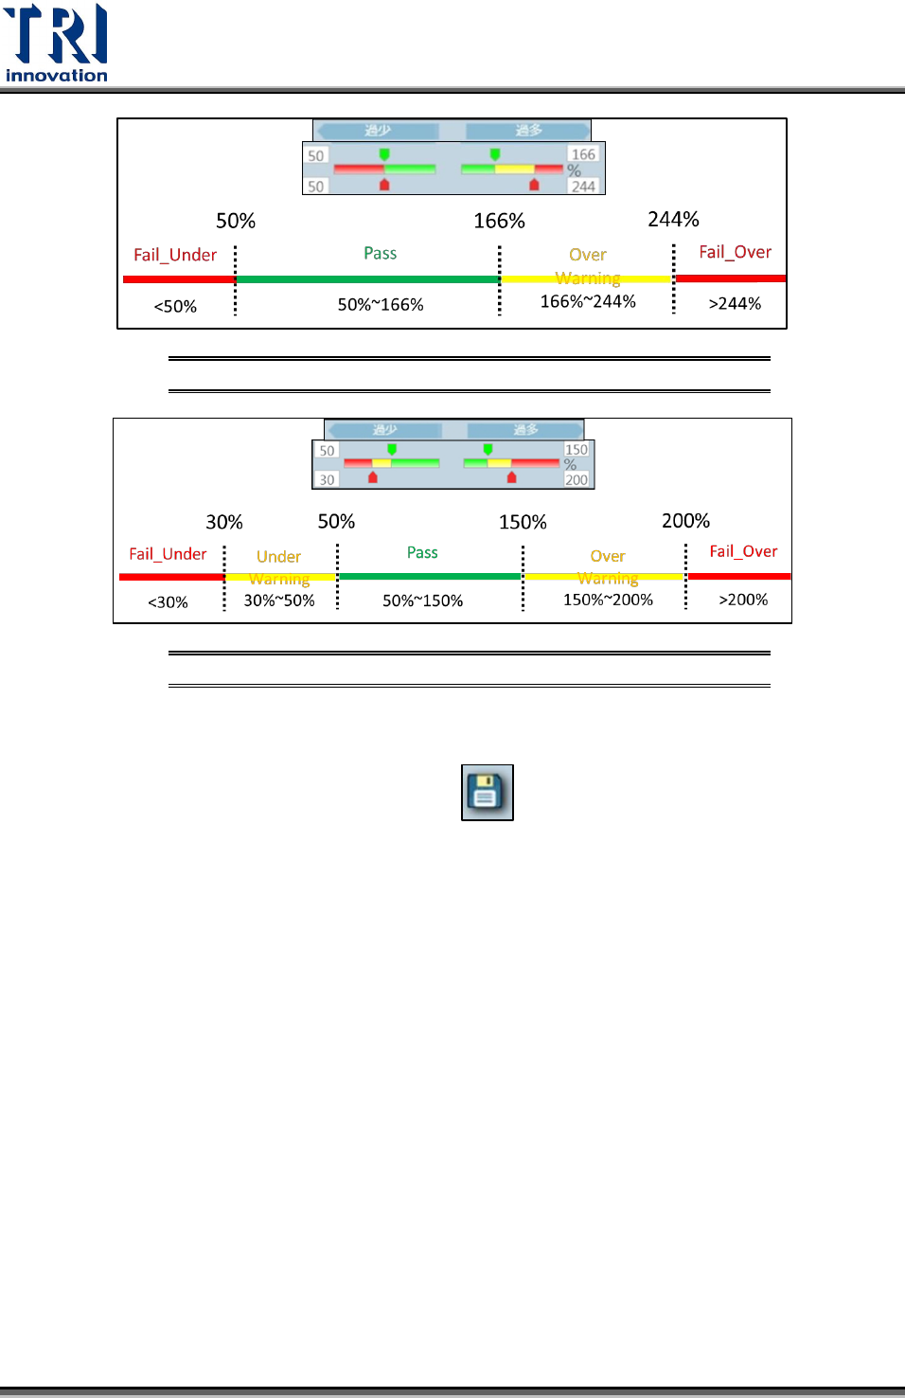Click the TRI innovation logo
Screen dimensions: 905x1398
click(57, 44)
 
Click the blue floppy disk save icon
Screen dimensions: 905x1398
click(487, 792)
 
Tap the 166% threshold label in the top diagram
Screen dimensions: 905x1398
click(499, 221)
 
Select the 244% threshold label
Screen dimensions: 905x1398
click(673, 219)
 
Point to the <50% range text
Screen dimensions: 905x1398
click(175, 306)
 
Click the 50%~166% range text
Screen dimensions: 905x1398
click(381, 304)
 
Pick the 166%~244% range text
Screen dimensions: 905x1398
click(588, 301)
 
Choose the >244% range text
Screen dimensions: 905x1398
click(735, 303)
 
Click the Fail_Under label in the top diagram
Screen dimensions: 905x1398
click(175, 255)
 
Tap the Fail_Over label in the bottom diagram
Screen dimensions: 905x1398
click(743, 551)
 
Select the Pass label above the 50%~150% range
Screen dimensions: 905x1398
click(422, 552)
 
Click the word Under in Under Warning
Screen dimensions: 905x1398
click(278, 557)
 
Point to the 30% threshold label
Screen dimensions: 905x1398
click(224, 522)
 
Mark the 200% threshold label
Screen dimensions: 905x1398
click(685, 521)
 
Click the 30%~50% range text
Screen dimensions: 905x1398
click(279, 600)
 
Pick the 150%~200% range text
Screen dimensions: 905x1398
click(608, 600)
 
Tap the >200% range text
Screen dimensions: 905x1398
click(743, 600)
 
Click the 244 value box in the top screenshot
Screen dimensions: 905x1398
click(583, 187)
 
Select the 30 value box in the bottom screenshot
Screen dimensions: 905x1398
click(327, 480)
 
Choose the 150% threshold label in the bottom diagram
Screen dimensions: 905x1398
click(523, 522)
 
